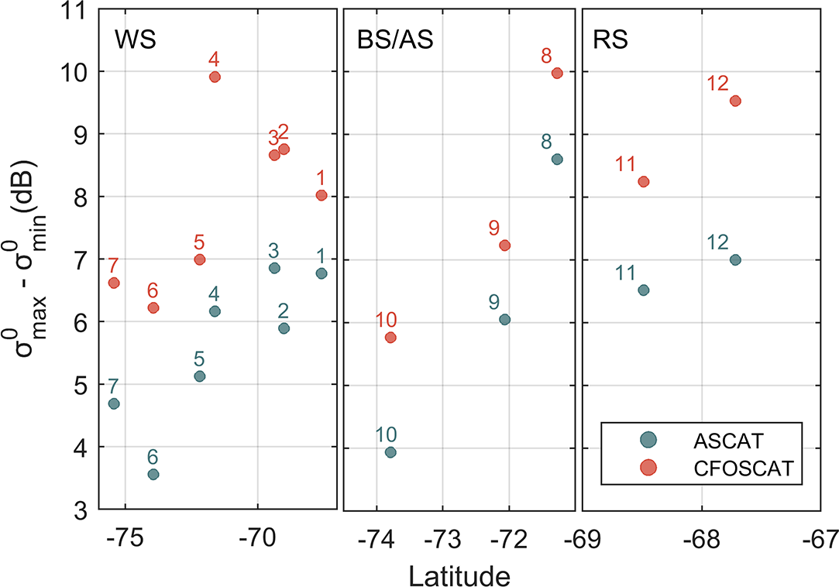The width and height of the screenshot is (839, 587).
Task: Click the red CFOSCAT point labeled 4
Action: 215,77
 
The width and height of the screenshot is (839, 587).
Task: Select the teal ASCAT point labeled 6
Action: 153,474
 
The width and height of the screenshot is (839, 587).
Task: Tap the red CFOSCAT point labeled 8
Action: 557,73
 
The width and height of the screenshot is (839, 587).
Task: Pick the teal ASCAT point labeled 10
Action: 390,452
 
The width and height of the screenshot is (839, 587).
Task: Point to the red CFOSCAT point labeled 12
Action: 735,101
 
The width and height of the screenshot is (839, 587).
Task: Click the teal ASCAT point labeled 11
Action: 643,290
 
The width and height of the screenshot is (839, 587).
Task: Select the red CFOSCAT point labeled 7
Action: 114,283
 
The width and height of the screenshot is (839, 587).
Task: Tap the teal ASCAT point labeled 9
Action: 504,319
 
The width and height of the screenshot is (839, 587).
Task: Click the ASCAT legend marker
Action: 647,440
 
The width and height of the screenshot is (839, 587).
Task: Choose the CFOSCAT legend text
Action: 734,467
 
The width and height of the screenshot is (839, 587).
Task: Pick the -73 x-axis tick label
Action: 442,537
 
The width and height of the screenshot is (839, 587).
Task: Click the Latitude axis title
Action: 459,574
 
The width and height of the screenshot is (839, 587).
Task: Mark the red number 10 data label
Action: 387,320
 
